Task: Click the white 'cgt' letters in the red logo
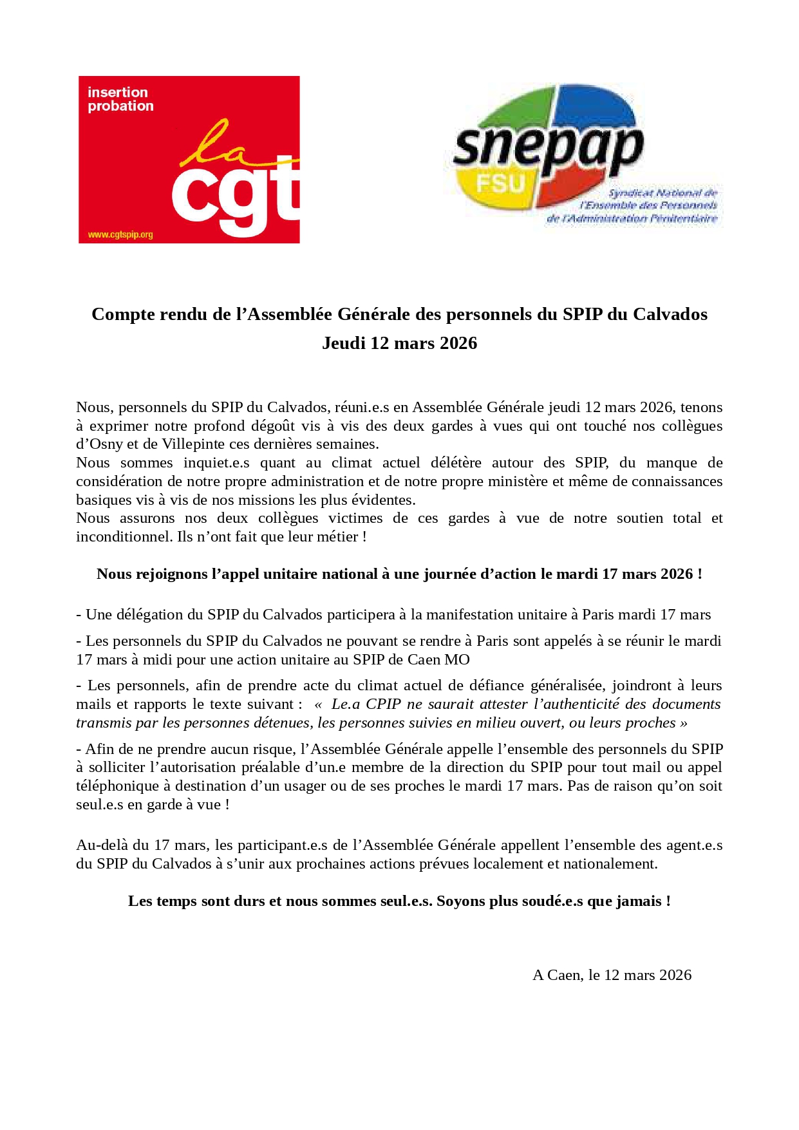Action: (x=235, y=196)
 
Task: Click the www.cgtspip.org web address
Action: (x=120, y=235)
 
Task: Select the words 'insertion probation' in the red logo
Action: (x=120, y=99)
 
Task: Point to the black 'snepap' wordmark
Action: (x=547, y=147)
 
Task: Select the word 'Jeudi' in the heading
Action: (x=343, y=343)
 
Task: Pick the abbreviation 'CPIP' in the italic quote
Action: (x=383, y=704)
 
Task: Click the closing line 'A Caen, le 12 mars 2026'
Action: (x=612, y=975)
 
